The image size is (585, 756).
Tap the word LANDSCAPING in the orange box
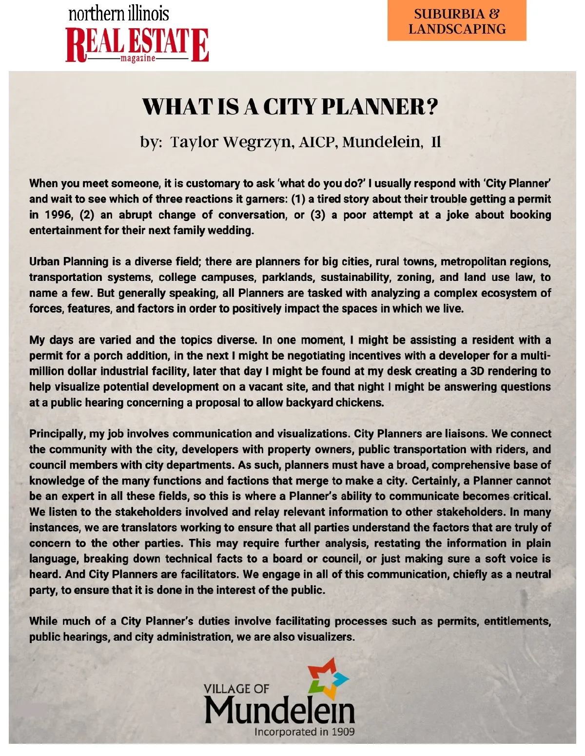pyautogui.click(x=457, y=29)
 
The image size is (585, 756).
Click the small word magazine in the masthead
pyautogui.click(x=138, y=58)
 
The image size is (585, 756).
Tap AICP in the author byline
pyautogui.click(x=318, y=142)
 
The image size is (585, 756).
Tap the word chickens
pyautogui.click(x=360, y=403)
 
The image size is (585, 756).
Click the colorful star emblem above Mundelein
pyautogui.click(x=328, y=679)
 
